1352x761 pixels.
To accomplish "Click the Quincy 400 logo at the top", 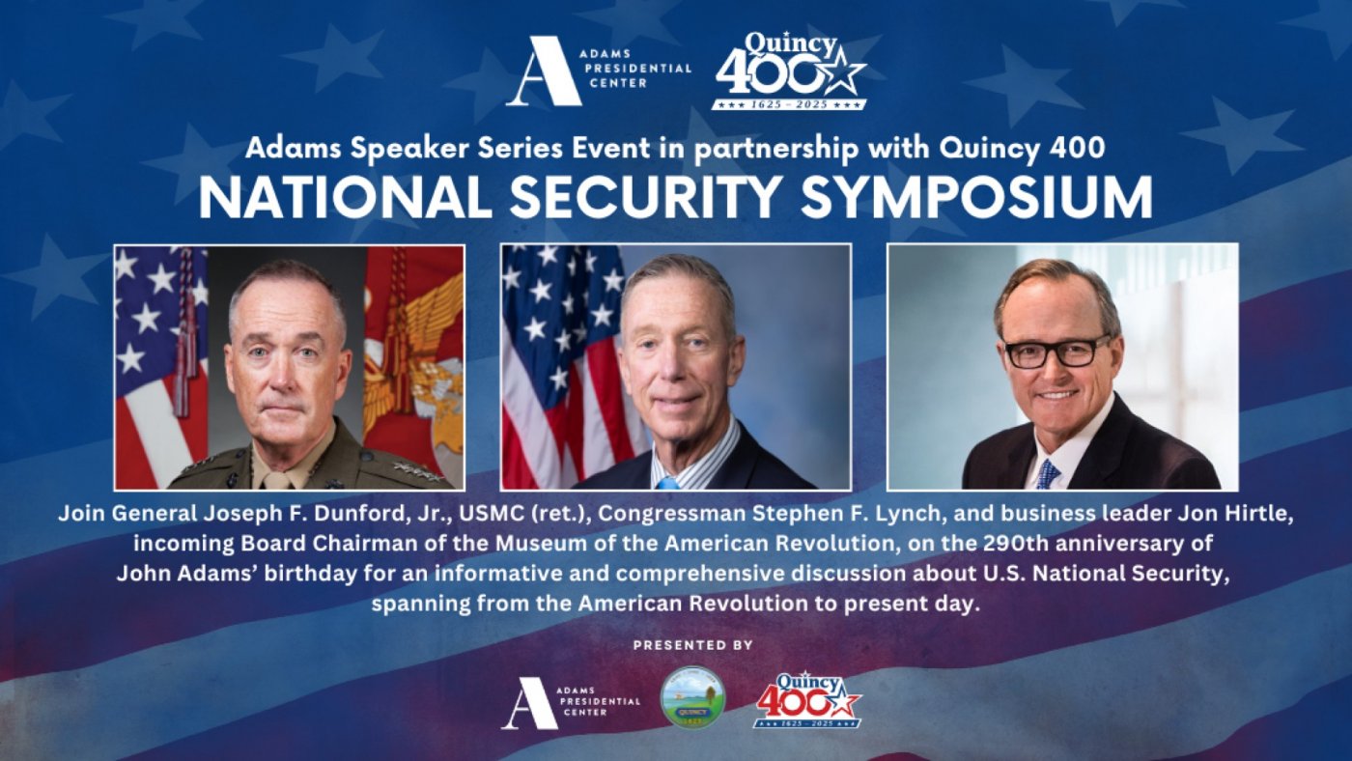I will coord(789,70).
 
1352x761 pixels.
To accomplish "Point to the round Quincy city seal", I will coord(692,696).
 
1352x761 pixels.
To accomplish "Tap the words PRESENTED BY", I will coord(692,645).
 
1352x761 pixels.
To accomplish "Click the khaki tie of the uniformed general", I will coord(278,479).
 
